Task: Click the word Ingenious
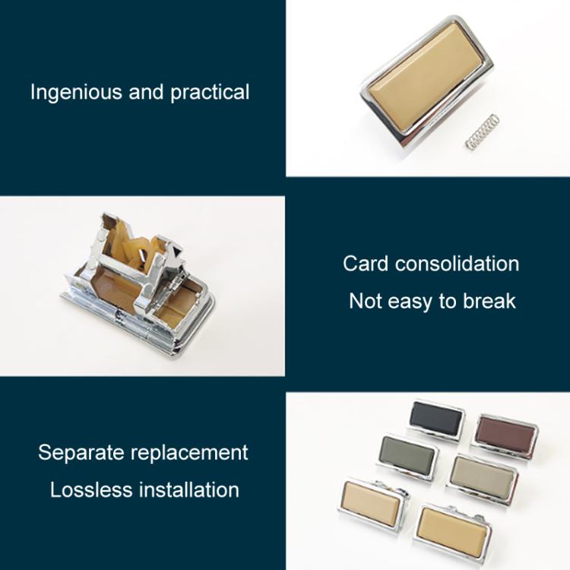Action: pyautogui.click(x=76, y=92)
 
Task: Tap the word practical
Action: pyautogui.click(x=210, y=93)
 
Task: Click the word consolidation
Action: pyautogui.click(x=458, y=264)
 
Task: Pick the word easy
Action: pyautogui.click(x=410, y=302)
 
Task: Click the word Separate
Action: pyautogui.click(x=81, y=453)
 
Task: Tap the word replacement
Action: pyautogui.click(x=189, y=454)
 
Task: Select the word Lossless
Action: pyautogui.click(x=91, y=489)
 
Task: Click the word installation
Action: pyautogui.click(x=189, y=489)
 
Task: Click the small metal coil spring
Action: pyautogui.click(x=482, y=132)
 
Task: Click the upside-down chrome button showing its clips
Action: pyautogui.click(x=139, y=284)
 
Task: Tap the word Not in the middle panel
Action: pyautogui.click(x=365, y=301)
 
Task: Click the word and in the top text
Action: pyautogui.click(x=146, y=92)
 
